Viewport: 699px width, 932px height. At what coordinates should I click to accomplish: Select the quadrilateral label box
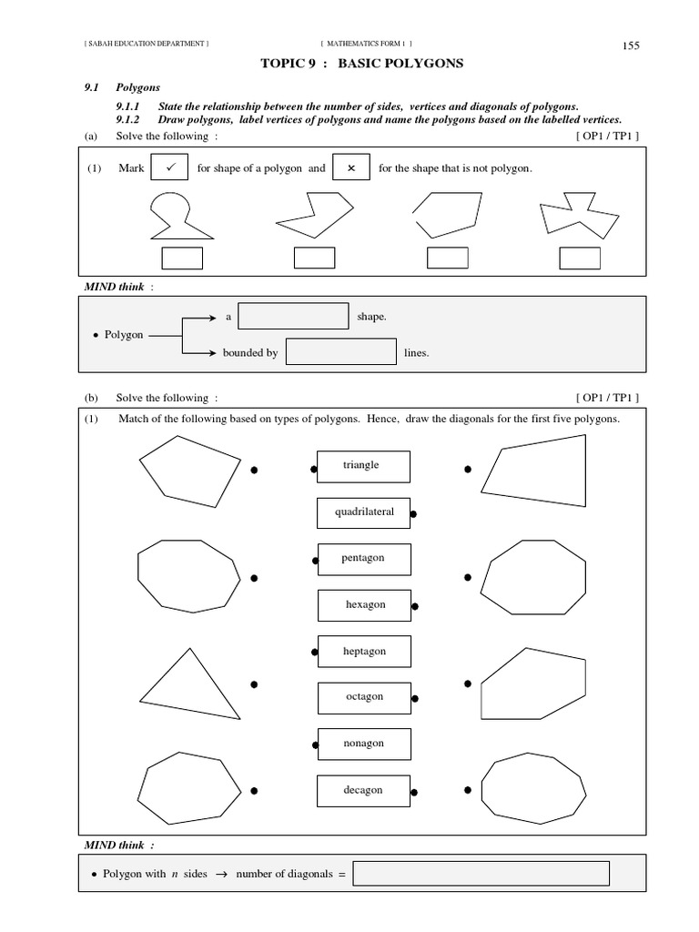[363, 512]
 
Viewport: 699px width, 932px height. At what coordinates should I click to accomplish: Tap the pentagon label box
[363, 558]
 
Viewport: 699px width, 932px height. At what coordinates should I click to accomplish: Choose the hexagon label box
[364, 604]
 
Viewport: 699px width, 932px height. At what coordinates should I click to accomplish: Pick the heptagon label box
[363, 652]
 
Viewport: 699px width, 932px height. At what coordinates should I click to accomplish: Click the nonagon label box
[363, 744]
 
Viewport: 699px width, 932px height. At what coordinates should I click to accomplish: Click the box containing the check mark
[168, 168]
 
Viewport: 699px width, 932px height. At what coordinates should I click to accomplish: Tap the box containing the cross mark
[351, 168]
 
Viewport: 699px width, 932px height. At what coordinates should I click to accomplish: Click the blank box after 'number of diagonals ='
[481, 874]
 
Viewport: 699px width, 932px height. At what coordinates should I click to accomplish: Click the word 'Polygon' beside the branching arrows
[124, 335]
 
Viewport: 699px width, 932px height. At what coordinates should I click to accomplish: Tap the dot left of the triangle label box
[313, 470]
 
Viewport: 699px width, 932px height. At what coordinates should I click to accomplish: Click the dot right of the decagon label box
[413, 792]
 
